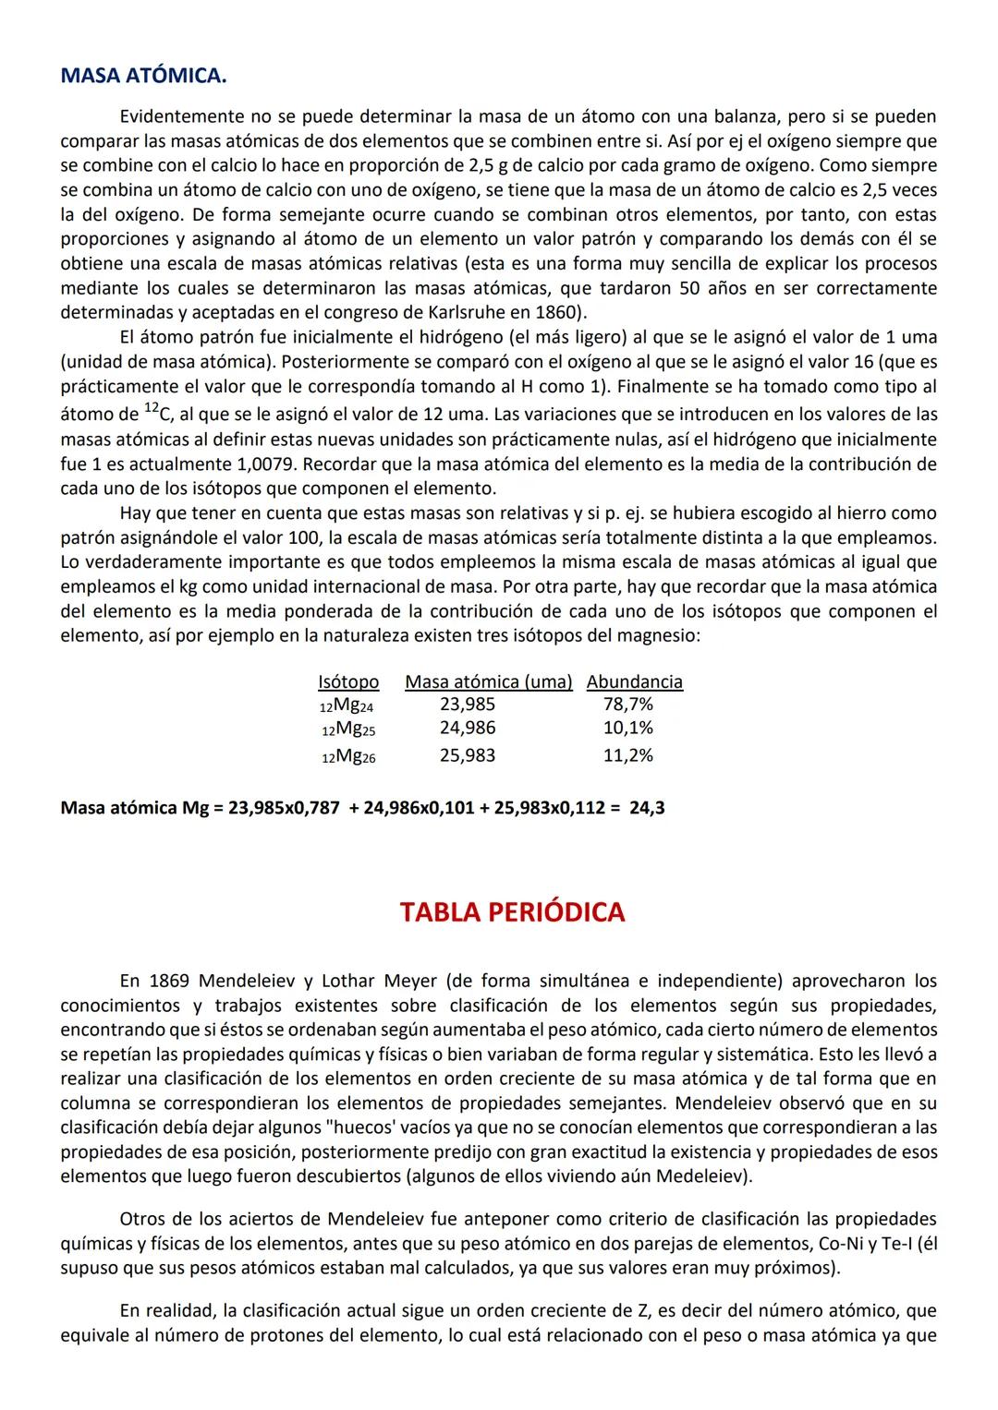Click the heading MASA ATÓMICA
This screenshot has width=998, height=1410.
click(143, 76)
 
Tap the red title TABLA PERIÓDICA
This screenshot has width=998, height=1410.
click(512, 912)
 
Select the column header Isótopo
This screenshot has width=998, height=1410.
click(348, 681)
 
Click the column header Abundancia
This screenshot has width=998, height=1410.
click(635, 681)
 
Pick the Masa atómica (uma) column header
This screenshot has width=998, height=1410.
click(488, 681)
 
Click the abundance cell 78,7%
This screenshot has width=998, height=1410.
click(627, 705)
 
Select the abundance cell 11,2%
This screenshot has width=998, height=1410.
click(627, 755)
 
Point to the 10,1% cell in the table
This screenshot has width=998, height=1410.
click(627, 728)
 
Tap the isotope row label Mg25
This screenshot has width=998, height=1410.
click(348, 729)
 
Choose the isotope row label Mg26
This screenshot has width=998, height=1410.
click(348, 756)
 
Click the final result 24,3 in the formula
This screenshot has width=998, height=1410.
click(647, 809)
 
